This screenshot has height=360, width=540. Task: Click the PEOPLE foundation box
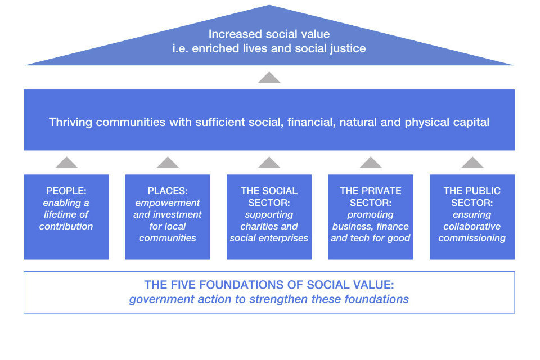pos(66,217)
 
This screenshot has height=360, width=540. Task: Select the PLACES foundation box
pos(168,217)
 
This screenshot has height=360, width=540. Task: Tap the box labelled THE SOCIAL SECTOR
pos(269,217)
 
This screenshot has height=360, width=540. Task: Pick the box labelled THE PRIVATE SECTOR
pos(371,217)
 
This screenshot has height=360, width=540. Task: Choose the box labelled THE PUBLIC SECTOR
pos(472,217)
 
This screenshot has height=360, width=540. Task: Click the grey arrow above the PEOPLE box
pos(66,163)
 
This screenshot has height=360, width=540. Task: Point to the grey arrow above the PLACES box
pos(168,163)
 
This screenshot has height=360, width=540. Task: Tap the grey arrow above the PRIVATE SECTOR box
pos(371,163)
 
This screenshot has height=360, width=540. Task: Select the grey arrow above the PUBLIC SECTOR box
pos(472,163)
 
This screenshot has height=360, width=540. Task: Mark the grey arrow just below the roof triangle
pos(269,78)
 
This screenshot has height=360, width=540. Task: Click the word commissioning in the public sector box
pos(472,238)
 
